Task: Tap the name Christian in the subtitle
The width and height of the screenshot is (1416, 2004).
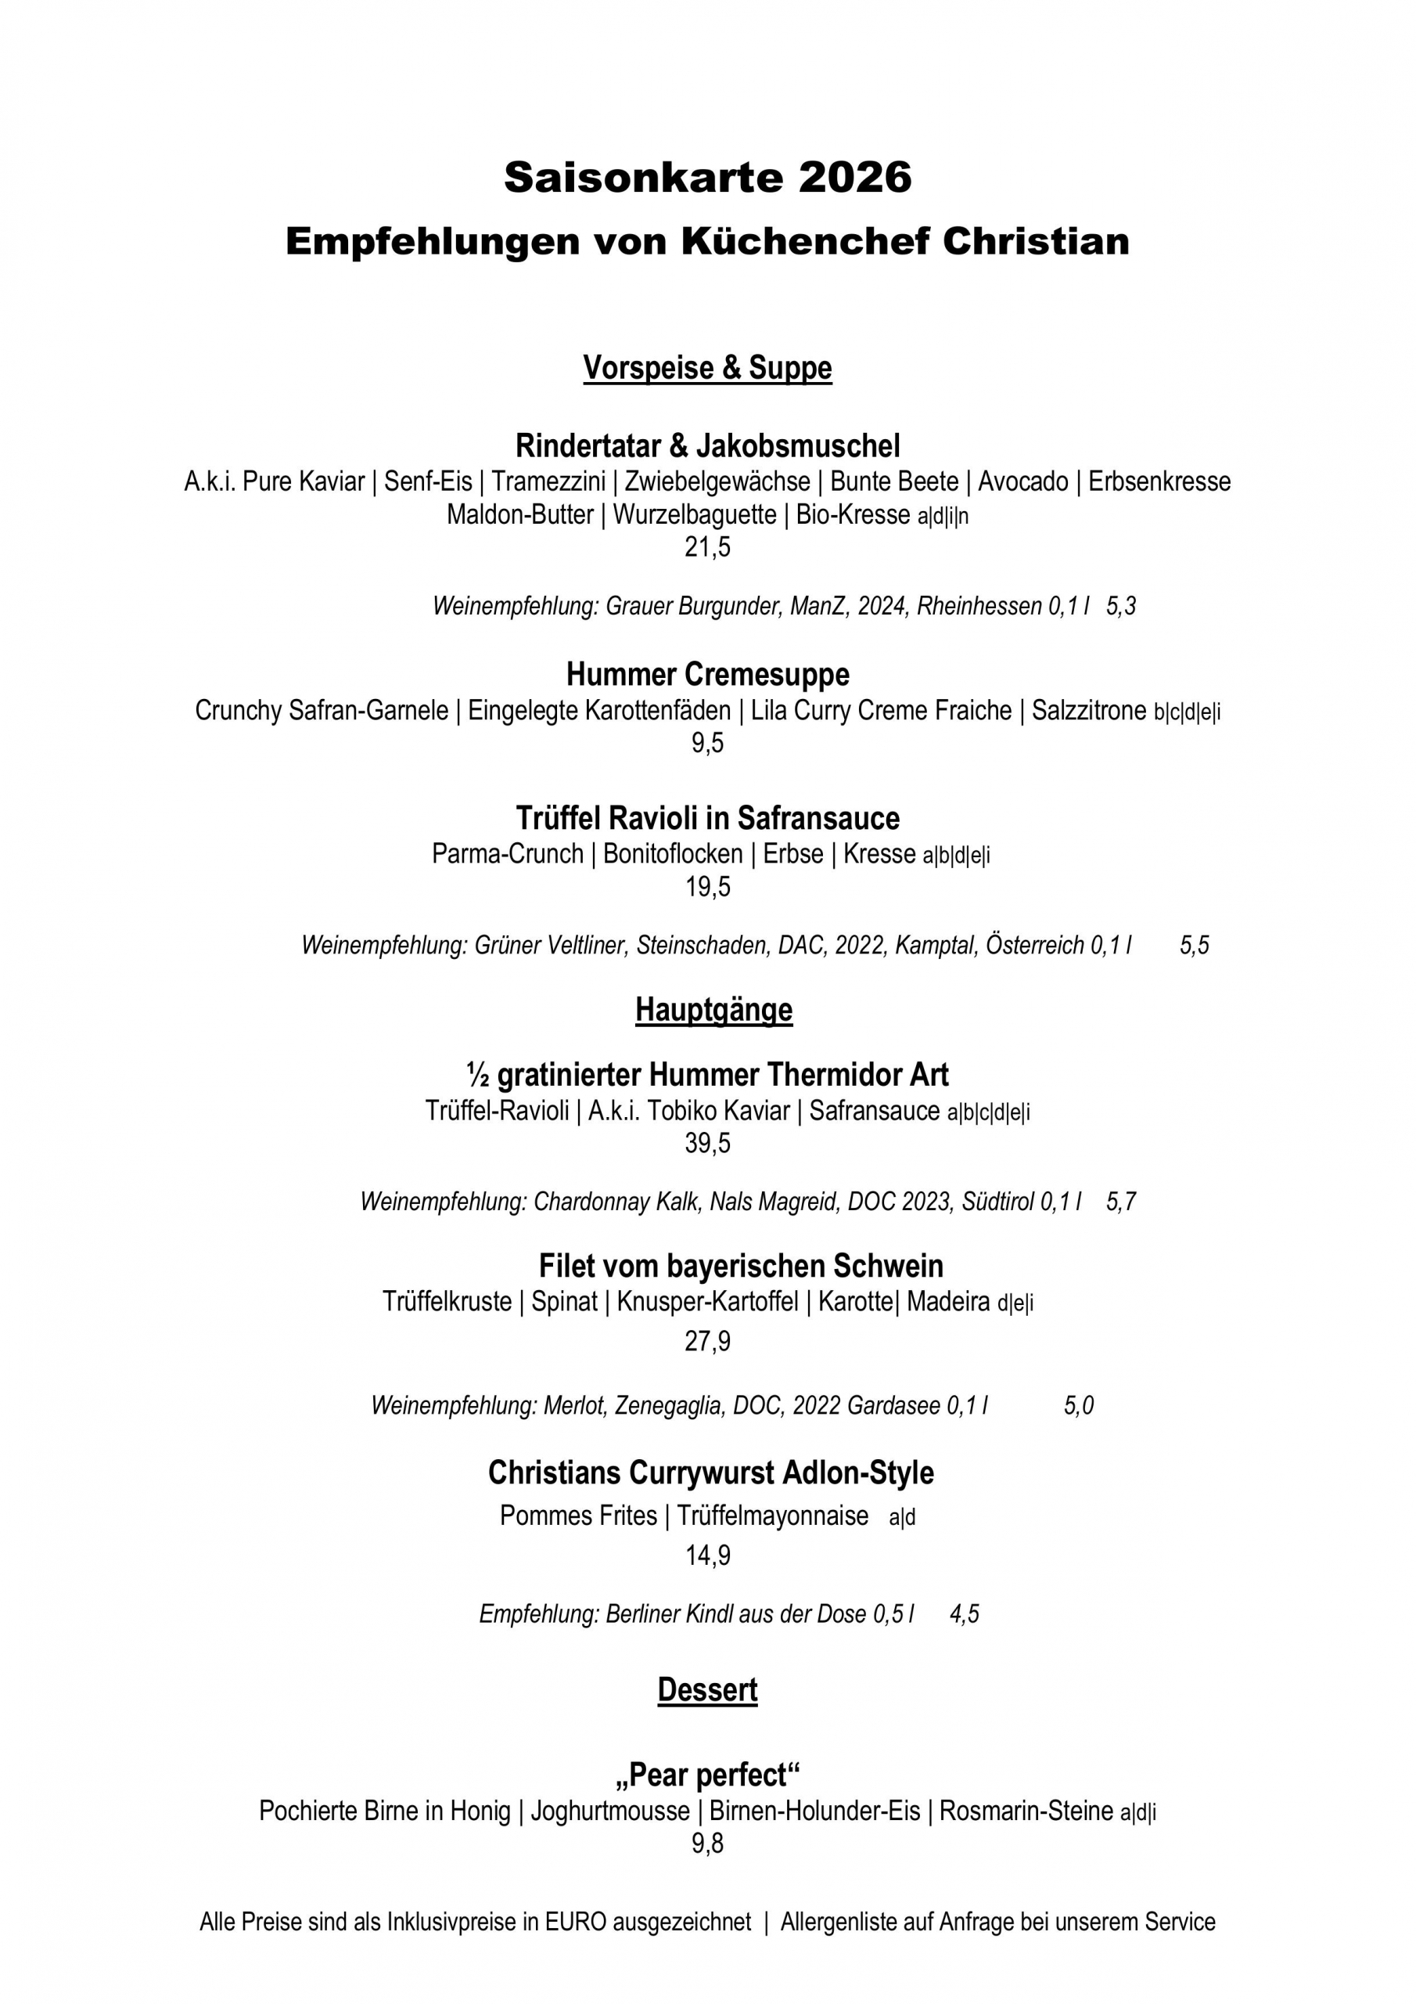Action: (1036, 241)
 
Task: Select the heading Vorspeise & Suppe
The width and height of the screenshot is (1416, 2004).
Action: (707, 367)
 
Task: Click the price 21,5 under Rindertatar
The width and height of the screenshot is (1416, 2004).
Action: (707, 547)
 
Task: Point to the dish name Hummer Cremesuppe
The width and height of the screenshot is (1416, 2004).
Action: (707, 674)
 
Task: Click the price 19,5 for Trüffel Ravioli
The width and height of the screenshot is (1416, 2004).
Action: (707, 887)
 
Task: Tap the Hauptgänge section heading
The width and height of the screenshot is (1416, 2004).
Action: (713, 1009)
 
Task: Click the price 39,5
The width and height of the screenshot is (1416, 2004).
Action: (707, 1143)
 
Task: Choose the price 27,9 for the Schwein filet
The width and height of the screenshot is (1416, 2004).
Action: (707, 1341)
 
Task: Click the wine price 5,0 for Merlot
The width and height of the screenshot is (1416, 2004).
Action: (1078, 1405)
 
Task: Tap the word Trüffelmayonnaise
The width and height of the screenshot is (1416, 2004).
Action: (772, 1516)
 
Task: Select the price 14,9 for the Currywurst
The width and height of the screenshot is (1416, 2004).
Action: (707, 1555)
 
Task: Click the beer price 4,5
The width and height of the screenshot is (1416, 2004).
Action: (964, 1614)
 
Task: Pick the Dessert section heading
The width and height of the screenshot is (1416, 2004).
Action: (707, 1690)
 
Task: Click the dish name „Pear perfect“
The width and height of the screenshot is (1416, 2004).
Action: (707, 1775)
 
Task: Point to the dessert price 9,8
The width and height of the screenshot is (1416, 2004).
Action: (707, 1844)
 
